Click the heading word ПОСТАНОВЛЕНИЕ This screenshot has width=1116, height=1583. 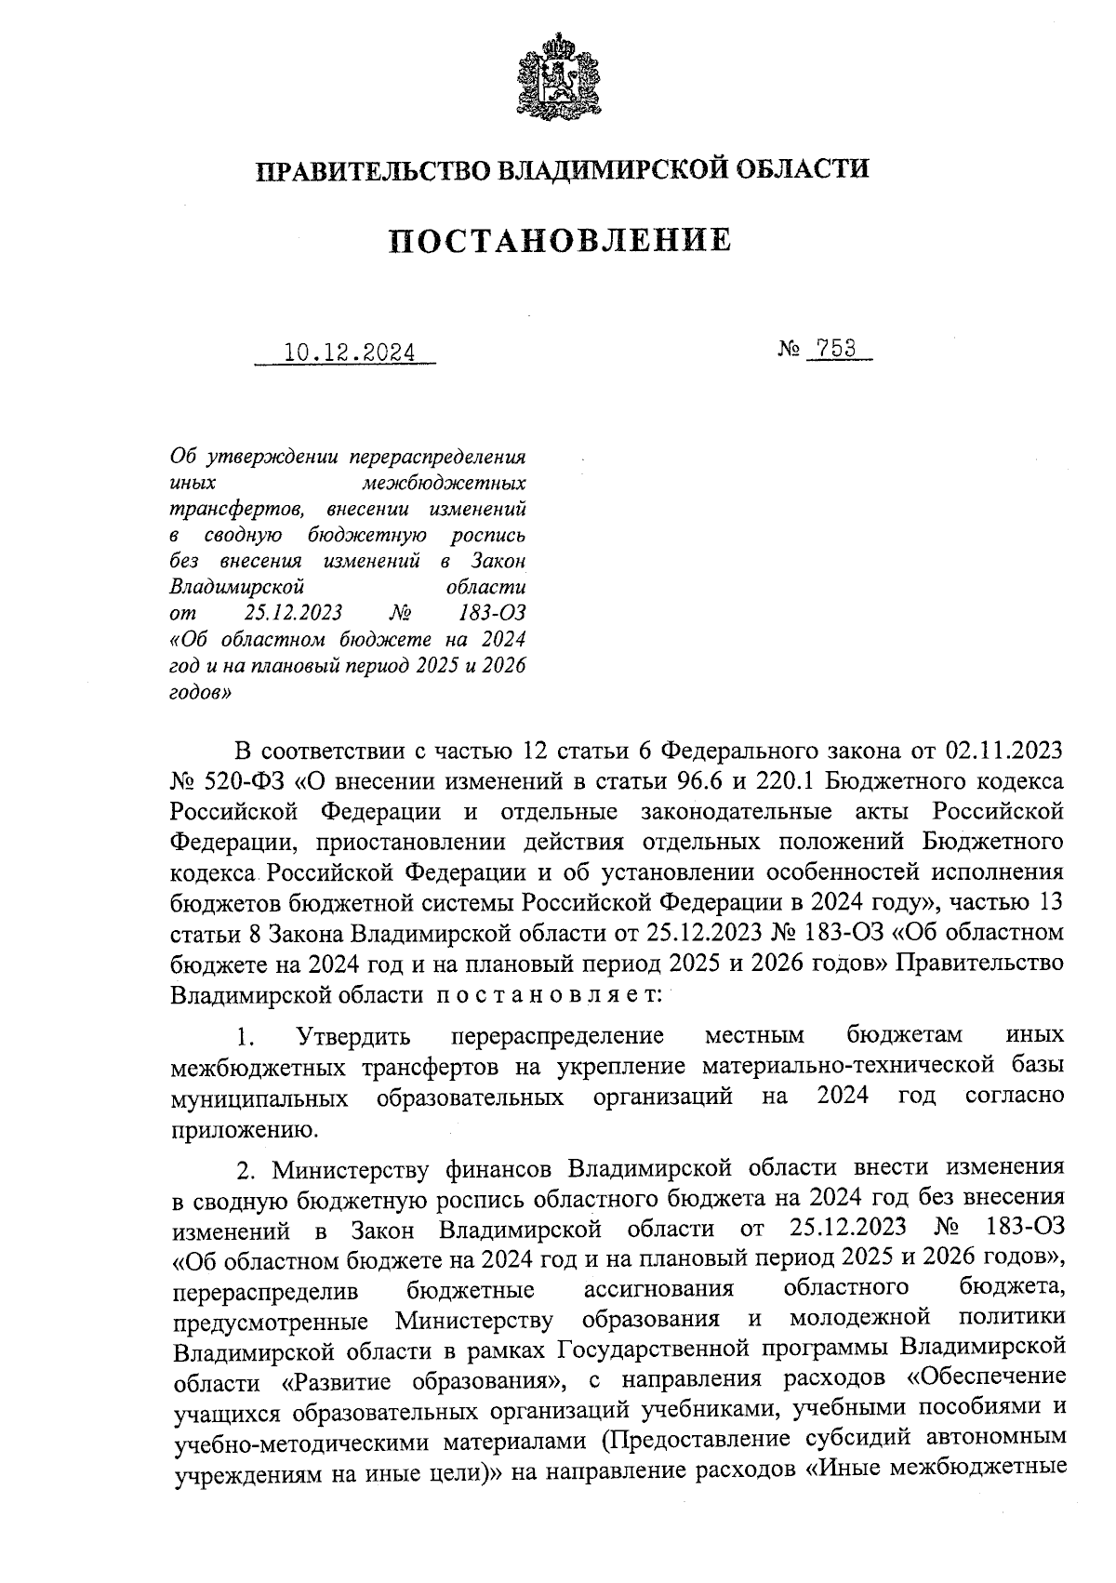559,241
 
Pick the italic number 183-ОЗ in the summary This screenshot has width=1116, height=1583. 492,614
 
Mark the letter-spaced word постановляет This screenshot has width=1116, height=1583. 549,994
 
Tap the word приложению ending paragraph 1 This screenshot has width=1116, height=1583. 245,1129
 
